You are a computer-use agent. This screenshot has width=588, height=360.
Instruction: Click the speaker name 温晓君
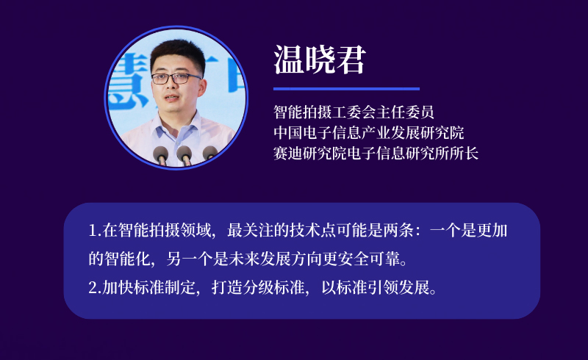320,60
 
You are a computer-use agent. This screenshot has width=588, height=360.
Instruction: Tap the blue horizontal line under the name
346,89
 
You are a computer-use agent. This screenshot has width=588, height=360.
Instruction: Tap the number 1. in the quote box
95,230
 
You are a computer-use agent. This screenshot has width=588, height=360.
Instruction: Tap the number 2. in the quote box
95,287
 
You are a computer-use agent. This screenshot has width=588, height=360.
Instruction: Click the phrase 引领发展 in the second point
398,287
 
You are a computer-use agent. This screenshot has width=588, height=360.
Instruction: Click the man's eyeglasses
176,79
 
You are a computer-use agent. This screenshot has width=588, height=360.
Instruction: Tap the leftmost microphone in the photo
160,154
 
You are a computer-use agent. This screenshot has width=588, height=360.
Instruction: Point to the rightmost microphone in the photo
209,153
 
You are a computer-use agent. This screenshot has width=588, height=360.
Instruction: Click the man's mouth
172,98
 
